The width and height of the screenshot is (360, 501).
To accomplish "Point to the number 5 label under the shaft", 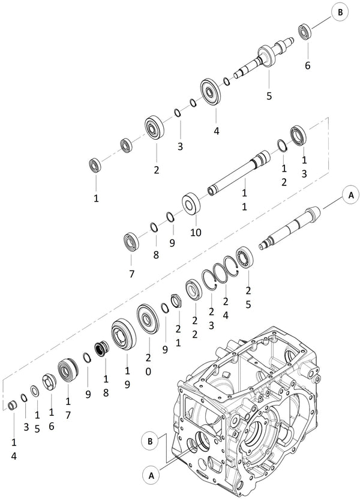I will coord(269,95).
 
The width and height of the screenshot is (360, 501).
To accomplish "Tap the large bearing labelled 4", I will coord(212,91).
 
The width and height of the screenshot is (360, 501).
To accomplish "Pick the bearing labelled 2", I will coord(155,128).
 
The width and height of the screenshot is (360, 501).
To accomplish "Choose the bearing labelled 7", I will coord(131,241).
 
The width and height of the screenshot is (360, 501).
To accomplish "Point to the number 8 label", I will coord(155,254).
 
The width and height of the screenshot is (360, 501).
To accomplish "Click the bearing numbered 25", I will coord(246,256).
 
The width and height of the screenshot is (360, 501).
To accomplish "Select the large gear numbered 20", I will coord(146,317).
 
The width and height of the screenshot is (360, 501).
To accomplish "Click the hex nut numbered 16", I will coord(49,381).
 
